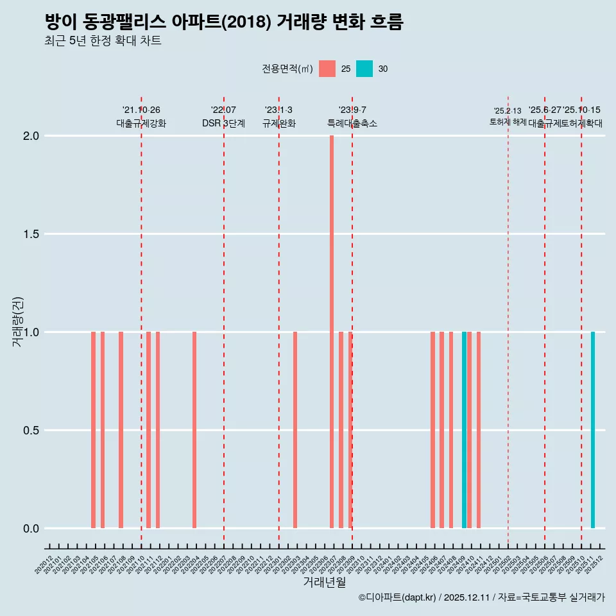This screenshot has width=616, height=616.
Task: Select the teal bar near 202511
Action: tap(593, 430)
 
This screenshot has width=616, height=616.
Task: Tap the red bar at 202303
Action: tap(295, 430)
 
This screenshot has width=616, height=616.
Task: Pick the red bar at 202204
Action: tap(194, 430)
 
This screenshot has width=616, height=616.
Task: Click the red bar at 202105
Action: tap(93, 430)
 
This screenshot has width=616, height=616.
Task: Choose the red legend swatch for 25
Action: tap(327, 69)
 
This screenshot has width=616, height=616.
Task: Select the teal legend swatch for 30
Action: tap(364, 69)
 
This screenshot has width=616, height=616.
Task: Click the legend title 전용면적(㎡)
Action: tap(287, 69)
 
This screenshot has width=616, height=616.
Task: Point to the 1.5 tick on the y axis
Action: tap(31, 234)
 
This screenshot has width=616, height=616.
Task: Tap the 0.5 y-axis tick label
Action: tap(31, 431)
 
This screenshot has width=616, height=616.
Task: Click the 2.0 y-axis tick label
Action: tap(31, 136)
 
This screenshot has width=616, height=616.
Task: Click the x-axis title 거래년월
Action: tap(325, 583)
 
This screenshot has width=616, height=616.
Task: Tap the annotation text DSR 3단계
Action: tap(223, 123)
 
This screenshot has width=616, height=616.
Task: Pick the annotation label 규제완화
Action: tap(278, 123)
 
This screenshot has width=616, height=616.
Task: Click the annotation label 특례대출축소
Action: tap(352, 123)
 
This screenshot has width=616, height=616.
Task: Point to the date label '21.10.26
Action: tap(141, 110)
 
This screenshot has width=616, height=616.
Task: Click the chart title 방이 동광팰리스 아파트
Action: tap(224, 22)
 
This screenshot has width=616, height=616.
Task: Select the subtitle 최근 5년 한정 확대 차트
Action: tap(103, 41)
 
